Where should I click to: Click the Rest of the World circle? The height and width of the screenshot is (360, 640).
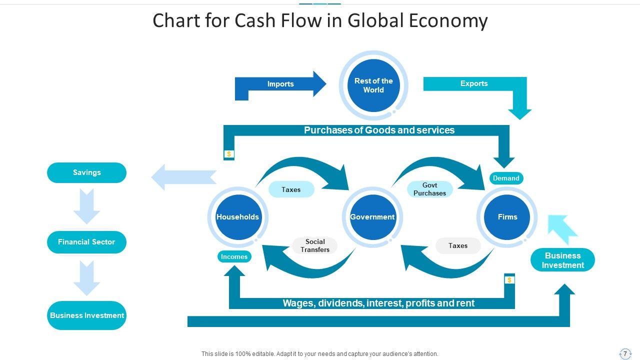[373, 85]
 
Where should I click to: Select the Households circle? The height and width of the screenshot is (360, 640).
[238, 217]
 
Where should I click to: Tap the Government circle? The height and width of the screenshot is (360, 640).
[372, 217]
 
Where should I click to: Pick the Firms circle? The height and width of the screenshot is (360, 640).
[507, 217]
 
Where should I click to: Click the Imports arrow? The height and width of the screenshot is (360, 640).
[280, 84]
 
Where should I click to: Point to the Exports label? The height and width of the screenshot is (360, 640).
[474, 83]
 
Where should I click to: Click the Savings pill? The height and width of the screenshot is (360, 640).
[86, 172]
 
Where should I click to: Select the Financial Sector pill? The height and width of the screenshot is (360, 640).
[86, 242]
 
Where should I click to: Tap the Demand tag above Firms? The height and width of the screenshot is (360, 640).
[506, 178]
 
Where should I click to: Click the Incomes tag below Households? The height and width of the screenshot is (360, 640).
[234, 256]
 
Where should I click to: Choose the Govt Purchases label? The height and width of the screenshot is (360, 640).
[429, 189]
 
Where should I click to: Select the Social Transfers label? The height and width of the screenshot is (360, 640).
[315, 245]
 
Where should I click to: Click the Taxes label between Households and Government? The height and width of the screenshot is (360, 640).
[291, 189]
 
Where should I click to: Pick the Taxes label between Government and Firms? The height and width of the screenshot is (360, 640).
[458, 245]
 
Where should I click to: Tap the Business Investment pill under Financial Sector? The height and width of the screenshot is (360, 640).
[86, 315]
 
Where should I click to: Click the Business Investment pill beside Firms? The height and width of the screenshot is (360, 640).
[562, 260]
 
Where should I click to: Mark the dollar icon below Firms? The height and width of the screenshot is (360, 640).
[509, 280]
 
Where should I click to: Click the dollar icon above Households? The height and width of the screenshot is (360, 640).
[229, 154]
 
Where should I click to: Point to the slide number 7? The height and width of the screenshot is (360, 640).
[625, 353]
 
